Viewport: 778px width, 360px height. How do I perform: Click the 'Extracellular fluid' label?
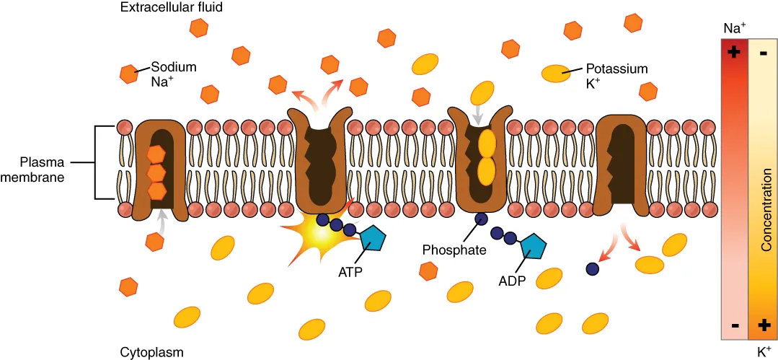[x=172, y=8]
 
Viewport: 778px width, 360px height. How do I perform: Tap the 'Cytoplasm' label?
[x=151, y=352]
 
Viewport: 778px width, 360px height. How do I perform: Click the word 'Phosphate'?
[x=454, y=250]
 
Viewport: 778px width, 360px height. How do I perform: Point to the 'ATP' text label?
[x=350, y=272]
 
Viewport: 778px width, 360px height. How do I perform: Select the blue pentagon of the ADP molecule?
[x=532, y=247]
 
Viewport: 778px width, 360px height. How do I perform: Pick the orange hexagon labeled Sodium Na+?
[x=129, y=73]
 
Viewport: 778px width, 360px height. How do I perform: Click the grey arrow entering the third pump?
[x=478, y=114]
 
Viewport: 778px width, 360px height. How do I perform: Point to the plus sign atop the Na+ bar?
[x=735, y=53]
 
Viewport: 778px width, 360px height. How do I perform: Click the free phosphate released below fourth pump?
[x=592, y=268]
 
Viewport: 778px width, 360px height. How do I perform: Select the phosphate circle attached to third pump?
[x=480, y=219]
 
